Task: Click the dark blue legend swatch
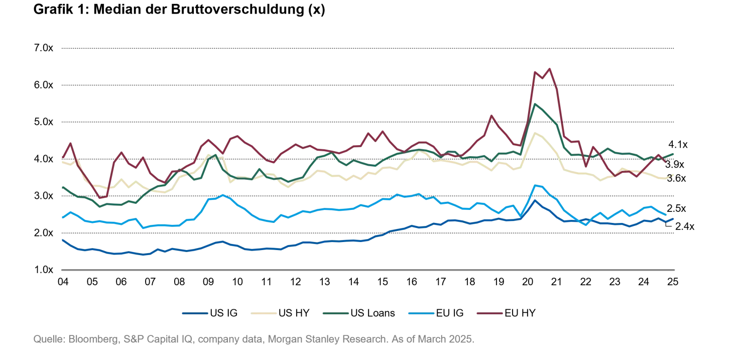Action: [195, 314]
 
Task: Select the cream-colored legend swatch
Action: [263, 314]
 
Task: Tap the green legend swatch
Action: [335, 314]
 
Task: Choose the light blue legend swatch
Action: [421, 314]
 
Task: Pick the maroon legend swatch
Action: [488, 314]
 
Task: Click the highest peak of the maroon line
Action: [551, 67]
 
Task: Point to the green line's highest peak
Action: [535, 103]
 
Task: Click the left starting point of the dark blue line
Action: [61, 239]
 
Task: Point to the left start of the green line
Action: [61, 187]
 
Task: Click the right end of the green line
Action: [674, 154]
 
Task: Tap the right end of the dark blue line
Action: [674, 219]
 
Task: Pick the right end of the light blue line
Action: [666, 216]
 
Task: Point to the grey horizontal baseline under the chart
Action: [369, 271]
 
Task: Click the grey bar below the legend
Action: [253, 340]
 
